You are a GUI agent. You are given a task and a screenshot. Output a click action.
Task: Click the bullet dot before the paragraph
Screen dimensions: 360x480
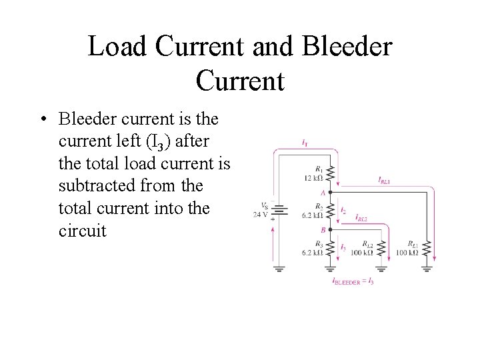(x=42, y=121)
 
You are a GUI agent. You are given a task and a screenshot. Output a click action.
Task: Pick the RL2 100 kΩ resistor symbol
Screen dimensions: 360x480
(x=382, y=249)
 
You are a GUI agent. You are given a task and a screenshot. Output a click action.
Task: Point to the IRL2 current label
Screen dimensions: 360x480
(x=361, y=217)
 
